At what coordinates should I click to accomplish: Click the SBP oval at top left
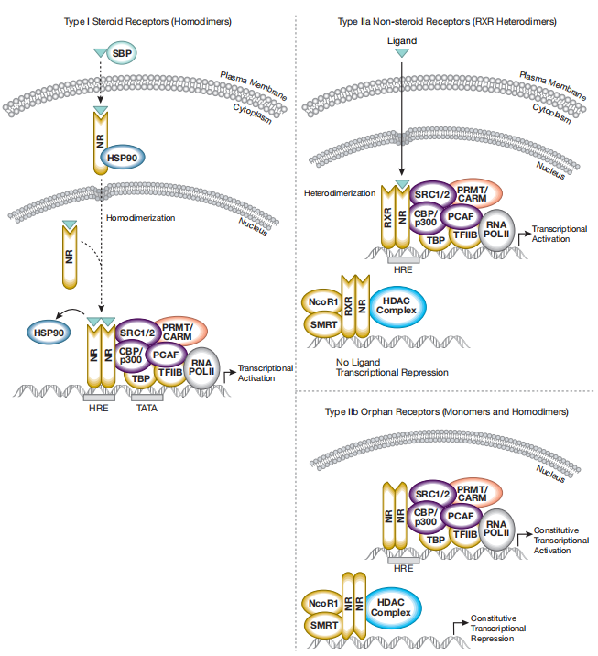click(x=121, y=56)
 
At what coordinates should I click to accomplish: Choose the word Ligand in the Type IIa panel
click(x=403, y=40)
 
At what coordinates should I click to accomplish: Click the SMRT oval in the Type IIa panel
click(x=321, y=323)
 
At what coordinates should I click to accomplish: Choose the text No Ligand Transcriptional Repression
click(x=386, y=367)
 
